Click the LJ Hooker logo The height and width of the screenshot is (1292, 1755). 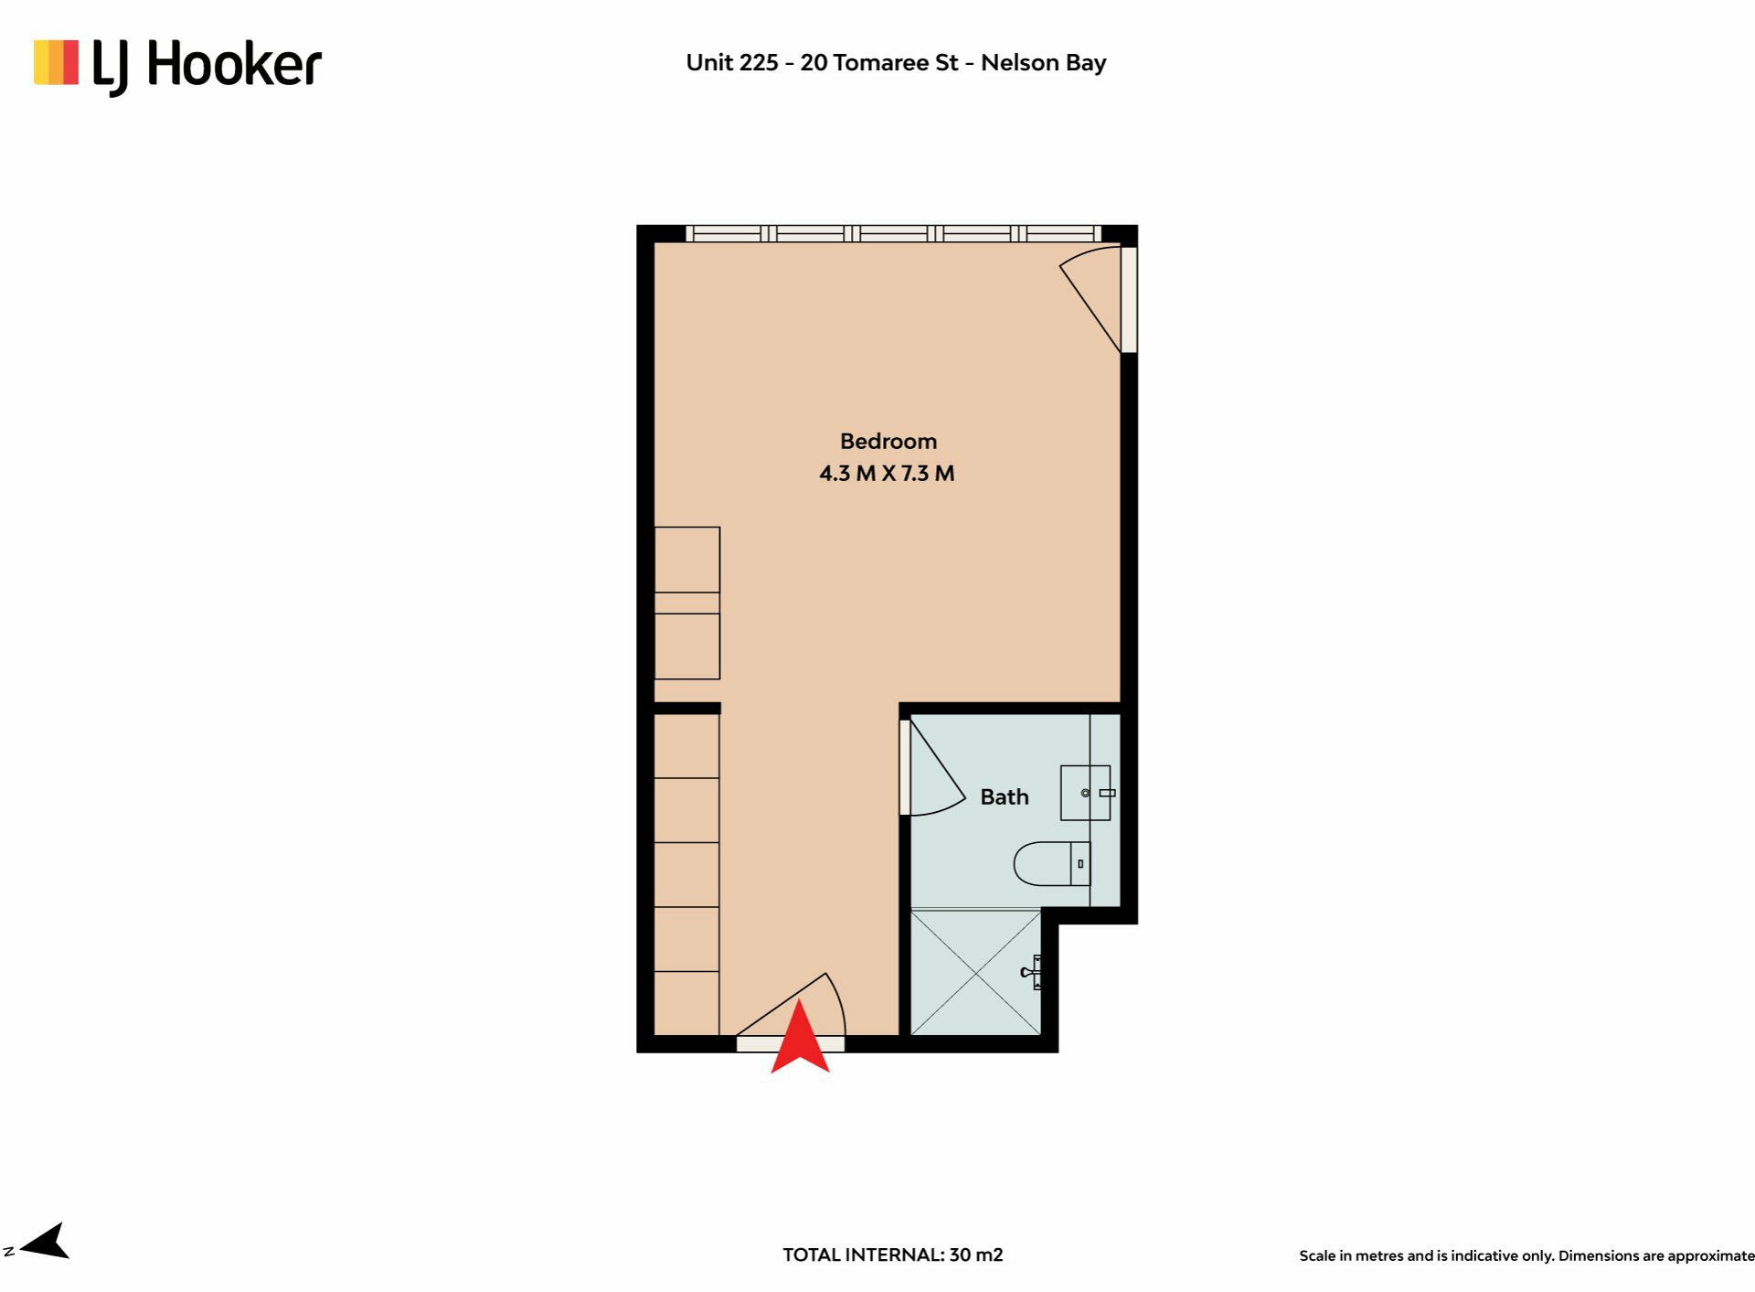tap(177, 66)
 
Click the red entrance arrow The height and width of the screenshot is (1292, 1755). tap(800, 1038)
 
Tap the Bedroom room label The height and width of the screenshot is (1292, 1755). tap(888, 442)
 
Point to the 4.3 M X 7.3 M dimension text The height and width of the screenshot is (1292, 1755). tap(887, 474)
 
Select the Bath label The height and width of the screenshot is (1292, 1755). tap(1005, 797)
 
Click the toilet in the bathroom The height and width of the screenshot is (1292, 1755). tap(1052, 864)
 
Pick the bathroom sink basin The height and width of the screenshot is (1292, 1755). tap(1085, 793)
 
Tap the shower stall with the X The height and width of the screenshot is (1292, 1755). tap(976, 972)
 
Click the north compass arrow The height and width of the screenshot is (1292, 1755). tap(45, 1242)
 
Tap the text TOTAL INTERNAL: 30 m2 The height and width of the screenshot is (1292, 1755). tap(893, 1255)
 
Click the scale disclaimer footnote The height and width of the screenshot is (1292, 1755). tap(1526, 1256)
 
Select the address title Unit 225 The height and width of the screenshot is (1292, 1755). tap(732, 63)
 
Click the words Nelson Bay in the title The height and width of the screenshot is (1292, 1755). tap(1044, 63)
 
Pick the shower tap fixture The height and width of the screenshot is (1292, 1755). tap(1031, 972)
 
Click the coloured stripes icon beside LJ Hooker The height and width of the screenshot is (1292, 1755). tap(56, 62)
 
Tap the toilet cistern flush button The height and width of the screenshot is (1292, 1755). tap(1080, 864)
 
